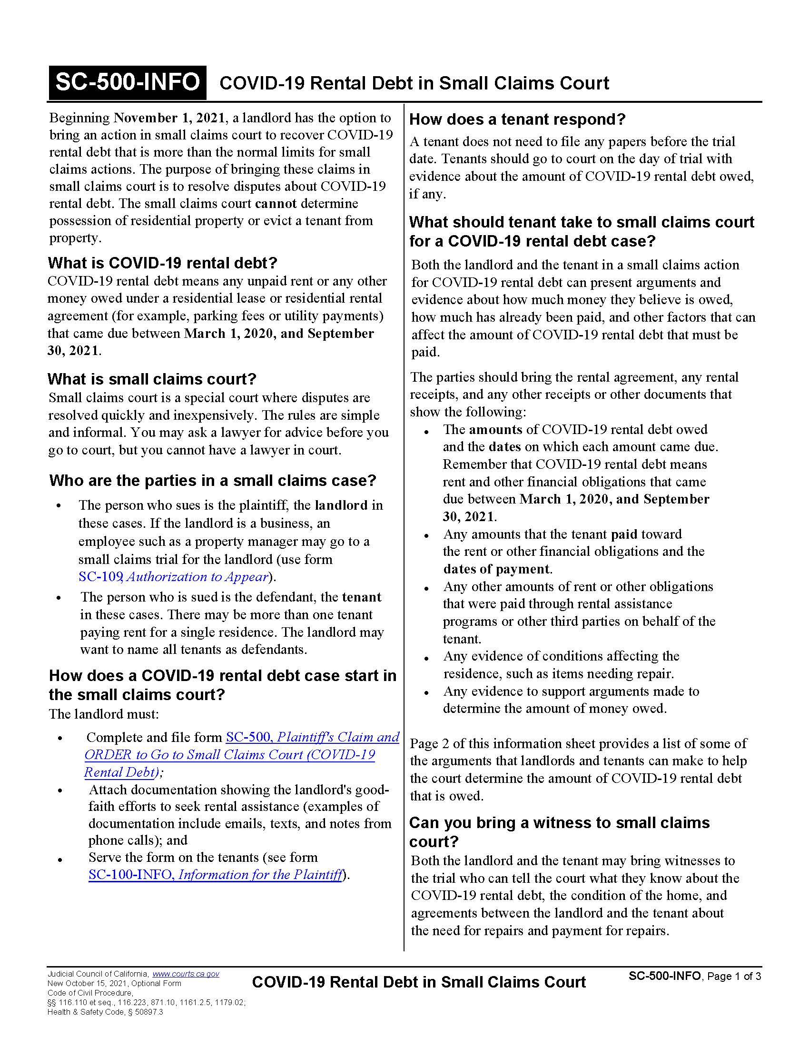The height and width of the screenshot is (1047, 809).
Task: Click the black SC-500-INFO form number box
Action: pos(128,82)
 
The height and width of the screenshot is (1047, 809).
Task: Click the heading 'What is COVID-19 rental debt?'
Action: pos(162,263)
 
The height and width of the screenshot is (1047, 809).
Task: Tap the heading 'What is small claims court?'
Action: pos(152,379)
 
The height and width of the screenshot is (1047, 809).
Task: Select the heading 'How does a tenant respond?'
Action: pos(517,119)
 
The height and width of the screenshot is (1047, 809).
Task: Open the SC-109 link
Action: pos(99,576)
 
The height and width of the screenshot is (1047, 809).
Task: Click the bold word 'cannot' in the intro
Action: pos(276,203)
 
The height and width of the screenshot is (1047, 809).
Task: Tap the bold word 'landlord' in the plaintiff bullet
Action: pos(341,505)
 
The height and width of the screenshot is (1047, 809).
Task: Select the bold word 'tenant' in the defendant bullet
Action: pos(361,597)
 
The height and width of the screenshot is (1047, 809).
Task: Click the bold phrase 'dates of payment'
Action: pos(496,569)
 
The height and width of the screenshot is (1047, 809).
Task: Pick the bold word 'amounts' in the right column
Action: pos(495,429)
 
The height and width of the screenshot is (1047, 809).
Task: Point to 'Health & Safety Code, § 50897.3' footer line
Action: pos(105,1012)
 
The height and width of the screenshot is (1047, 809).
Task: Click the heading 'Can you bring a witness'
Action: pos(559,823)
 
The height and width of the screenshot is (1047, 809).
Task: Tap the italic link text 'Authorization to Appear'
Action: pos(197,576)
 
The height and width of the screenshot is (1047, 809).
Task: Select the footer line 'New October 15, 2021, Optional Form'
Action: pos(114,983)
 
